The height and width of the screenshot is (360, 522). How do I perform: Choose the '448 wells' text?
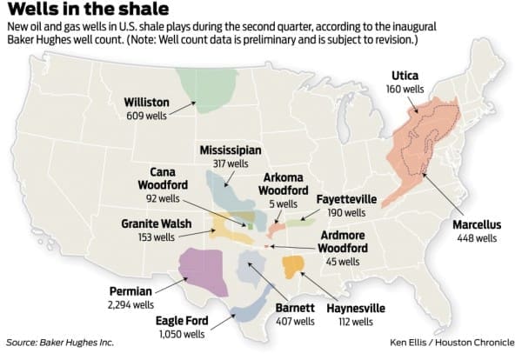click(x=474, y=237)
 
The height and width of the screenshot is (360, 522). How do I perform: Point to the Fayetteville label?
click(x=347, y=198)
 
